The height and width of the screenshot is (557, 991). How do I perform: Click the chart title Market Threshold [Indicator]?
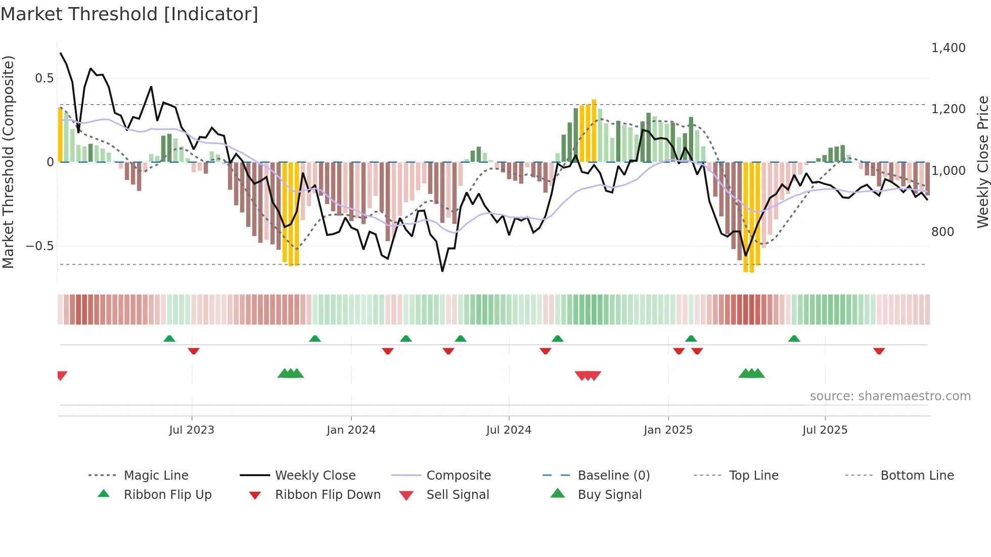click(x=129, y=14)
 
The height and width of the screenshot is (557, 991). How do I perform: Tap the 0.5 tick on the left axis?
click(x=44, y=78)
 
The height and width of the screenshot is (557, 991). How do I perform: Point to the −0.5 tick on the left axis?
click(x=40, y=246)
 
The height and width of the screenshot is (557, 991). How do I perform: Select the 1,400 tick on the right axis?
click(x=948, y=48)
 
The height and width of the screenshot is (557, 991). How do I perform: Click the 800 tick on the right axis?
click(x=942, y=232)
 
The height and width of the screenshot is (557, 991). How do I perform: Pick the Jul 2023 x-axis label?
click(x=192, y=430)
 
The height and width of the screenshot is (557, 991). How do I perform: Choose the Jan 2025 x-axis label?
click(x=668, y=430)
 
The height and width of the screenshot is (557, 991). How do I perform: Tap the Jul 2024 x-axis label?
click(x=509, y=430)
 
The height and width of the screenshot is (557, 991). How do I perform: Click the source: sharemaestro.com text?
click(x=890, y=396)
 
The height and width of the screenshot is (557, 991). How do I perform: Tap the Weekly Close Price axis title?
click(x=982, y=162)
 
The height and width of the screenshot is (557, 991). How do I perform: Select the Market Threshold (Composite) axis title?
click(x=8, y=162)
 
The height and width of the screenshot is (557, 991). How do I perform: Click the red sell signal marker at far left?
click(x=62, y=375)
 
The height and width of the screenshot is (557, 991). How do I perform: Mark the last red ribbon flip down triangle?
click(x=879, y=351)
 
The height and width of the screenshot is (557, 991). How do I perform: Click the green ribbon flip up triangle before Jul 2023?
click(x=169, y=339)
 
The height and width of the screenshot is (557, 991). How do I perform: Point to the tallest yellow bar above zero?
click(x=594, y=130)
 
